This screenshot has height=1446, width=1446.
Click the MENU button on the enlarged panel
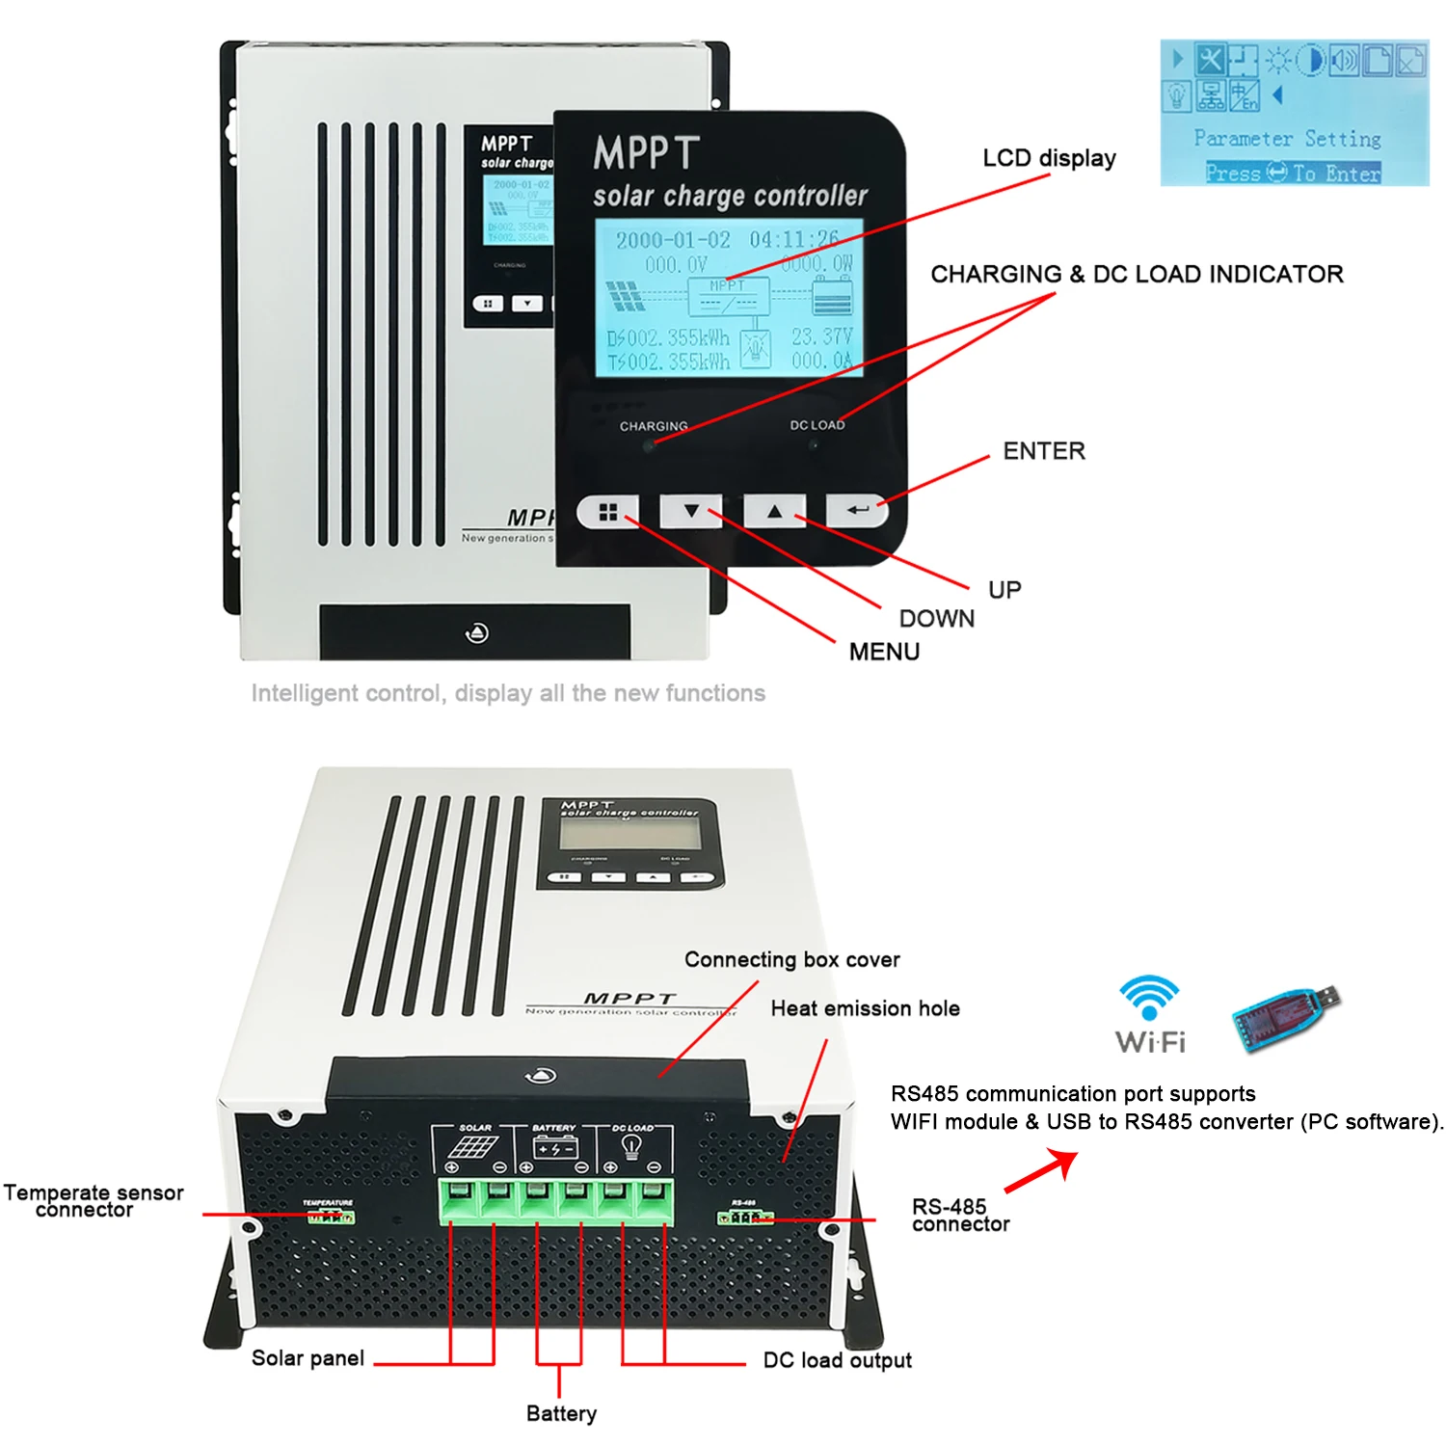[608, 512]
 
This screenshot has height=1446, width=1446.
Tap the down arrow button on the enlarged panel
[691, 512]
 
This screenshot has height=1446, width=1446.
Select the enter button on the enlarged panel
[857, 511]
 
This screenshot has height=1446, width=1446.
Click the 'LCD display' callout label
[1049, 158]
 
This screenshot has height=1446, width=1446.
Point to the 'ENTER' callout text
[1044, 451]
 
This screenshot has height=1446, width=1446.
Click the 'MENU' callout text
[884, 652]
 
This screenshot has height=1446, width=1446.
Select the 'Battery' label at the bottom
[561, 1413]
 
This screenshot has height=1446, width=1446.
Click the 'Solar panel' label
[308, 1358]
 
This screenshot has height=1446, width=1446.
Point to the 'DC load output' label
[837, 1360]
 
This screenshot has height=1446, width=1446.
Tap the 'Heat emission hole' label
[865, 1008]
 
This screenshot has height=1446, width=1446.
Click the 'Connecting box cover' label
[791, 960]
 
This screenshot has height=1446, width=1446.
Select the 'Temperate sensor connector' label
[93, 1201]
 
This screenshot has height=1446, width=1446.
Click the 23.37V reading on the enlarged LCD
[821, 336]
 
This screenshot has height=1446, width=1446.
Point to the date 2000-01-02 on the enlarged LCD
[673, 240]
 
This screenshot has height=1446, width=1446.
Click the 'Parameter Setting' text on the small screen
[1287, 139]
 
